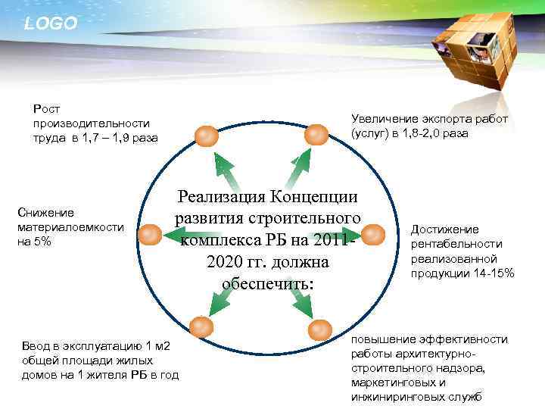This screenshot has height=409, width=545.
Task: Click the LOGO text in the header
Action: (51, 23)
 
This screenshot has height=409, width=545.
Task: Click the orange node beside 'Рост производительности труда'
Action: (205, 136)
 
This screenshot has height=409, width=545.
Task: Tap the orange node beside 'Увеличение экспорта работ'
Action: (316, 136)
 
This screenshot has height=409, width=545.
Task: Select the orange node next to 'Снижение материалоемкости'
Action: (151, 236)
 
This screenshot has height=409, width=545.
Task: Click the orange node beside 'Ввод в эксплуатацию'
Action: (199, 327)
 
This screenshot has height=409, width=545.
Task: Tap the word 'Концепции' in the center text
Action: (317, 197)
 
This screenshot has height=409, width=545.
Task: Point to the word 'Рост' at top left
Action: (46, 109)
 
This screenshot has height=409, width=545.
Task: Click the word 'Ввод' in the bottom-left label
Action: (39, 347)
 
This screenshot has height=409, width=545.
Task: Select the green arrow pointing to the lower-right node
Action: (301, 301)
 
